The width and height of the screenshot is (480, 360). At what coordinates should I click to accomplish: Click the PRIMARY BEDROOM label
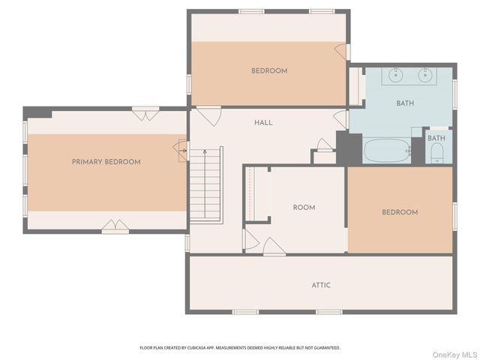pos(106,162)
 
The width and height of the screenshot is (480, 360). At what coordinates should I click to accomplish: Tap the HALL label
pos(263,123)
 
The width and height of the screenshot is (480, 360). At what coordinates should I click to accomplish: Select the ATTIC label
pos(321,285)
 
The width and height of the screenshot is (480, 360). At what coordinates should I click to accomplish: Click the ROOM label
pos(304,208)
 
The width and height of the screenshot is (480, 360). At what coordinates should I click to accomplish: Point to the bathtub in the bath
pos(387,151)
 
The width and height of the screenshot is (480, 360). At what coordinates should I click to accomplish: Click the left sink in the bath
pos(395,75)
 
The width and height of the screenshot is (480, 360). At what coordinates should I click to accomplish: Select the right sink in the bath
pos(425,75)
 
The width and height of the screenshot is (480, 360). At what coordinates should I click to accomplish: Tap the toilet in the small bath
pos(437,154)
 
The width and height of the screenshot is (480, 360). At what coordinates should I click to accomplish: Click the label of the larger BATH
pos(405,103)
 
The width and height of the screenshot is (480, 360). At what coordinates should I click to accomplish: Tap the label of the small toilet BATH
pos(436,138)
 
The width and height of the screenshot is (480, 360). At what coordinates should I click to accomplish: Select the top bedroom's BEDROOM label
pos(269,70)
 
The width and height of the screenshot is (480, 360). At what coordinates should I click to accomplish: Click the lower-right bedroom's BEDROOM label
pos(400,212)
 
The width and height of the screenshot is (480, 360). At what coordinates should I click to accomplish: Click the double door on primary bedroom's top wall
pos(145,113)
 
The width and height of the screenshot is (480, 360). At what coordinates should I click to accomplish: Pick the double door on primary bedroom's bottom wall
pos(115,226)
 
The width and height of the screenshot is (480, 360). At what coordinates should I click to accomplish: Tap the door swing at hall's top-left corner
pos(208,116)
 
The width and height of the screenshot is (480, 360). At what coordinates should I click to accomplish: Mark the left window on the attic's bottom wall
pos(245,312)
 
